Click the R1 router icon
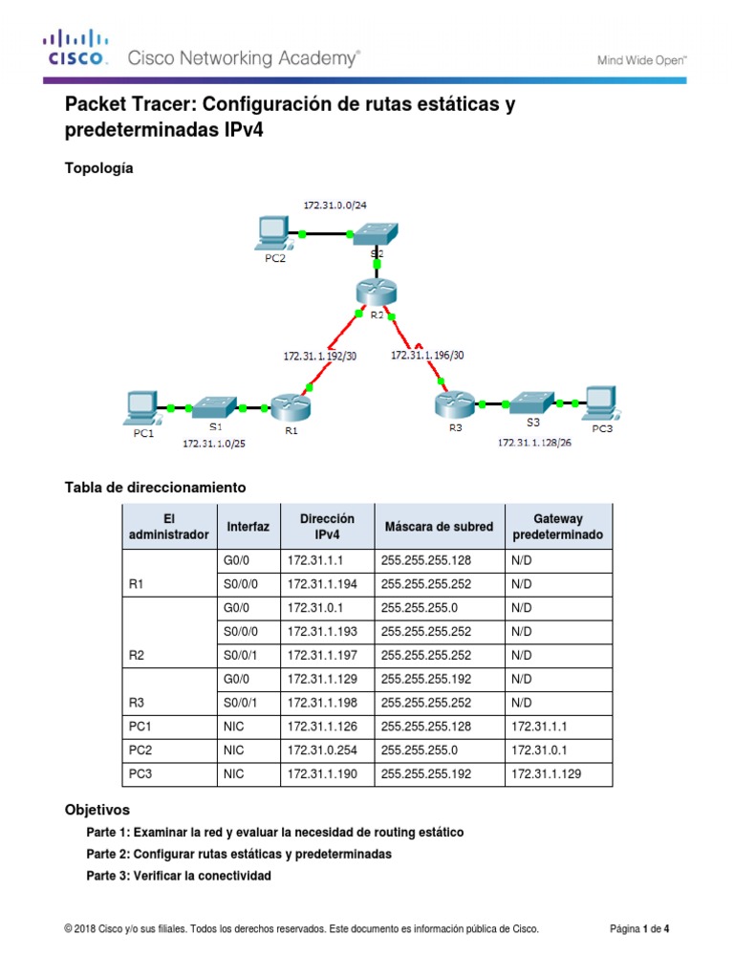(288, 406)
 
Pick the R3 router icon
(454, 404)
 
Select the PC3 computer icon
(601, 402)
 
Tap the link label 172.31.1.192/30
(320, 355)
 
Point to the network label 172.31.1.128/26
(533, 443)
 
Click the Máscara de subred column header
(439, 527)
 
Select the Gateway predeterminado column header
(558, 527)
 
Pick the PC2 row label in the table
(140, 750)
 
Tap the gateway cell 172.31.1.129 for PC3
(547, 773)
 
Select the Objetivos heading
(97, 809)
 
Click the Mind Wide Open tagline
(642, 60)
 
